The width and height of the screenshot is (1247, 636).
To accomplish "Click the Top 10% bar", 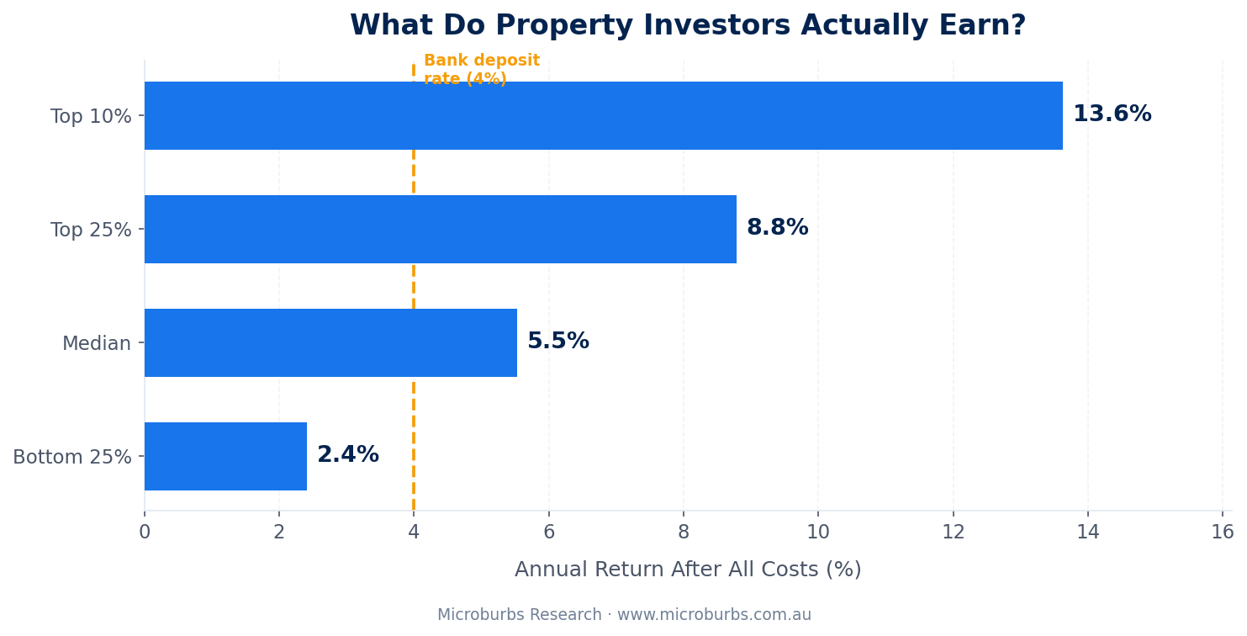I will click(603, 115).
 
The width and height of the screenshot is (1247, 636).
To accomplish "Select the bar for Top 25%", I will click(440, 229).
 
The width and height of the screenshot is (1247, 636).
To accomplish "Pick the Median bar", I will click(330, 342).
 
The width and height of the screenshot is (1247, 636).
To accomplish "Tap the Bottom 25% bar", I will click(225, 456).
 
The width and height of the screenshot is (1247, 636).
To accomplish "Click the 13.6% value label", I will click(1112, 114).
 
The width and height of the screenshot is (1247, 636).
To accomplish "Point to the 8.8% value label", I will click(777, 228).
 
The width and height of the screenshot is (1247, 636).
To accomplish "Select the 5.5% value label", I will click(557, 342).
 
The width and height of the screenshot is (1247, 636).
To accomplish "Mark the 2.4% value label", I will click(347, 455).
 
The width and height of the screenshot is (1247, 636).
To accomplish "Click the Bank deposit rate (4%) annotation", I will click(481, 70).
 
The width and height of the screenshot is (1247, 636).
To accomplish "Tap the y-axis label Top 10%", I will click(91, 117).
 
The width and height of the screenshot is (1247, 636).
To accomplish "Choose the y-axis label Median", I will click(97, 344).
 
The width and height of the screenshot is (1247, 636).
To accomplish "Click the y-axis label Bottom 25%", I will click(72, 458).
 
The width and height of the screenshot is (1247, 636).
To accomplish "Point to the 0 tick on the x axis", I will click(145, 533).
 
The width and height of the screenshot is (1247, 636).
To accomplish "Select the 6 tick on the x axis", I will click(549, 533).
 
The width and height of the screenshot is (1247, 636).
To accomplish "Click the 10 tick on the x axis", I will click(818, 533).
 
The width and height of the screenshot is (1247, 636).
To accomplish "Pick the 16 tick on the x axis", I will click(1222, 533).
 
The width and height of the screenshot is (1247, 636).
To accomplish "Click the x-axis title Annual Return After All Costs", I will click(688, 570).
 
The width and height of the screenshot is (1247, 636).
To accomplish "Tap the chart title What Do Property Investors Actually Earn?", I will click(688, 26).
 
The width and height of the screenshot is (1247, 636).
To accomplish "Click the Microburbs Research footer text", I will click(624, 615).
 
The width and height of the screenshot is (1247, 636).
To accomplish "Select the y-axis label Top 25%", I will click(91, 231).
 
